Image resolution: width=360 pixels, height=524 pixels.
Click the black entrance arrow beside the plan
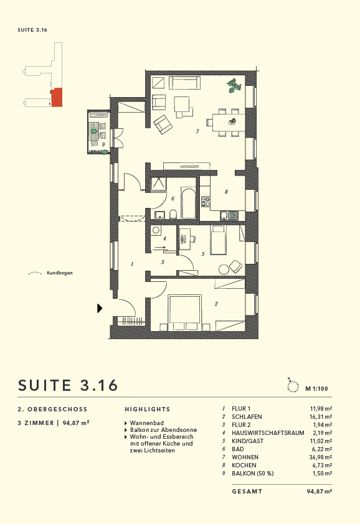coord(100,307)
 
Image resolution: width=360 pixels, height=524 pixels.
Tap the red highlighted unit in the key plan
coord(57,97)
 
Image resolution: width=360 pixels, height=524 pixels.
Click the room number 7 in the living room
coord(197,131)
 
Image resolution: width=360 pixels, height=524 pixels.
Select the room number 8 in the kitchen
coord(226,192)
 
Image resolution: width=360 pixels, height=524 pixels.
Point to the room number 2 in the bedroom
coord(216,304)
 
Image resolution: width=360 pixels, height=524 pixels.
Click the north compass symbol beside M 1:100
coord(292,387)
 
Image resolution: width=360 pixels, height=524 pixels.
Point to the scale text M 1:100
coord(316,388)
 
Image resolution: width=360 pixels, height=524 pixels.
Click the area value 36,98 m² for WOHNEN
coord(320,457)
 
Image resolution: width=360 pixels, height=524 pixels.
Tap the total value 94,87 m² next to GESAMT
coord(319,491)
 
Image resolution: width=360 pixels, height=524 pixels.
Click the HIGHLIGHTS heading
coord(147,409)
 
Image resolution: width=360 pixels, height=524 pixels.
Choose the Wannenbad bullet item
coord(147,423)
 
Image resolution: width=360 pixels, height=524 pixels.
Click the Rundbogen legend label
coord(60,273)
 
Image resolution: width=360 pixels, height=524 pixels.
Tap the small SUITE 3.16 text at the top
coord(33,30)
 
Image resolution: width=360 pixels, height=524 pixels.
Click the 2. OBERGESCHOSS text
coord(53,409)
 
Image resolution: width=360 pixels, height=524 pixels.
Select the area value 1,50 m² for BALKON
coord(321,473)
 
